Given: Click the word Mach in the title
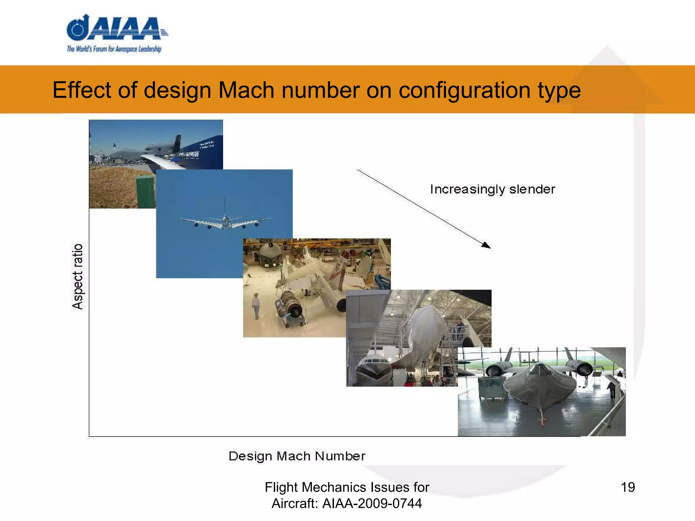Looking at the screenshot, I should (x=246, y=90).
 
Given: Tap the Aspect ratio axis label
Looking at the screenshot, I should (x=78, y=276).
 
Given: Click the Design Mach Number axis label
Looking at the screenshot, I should (x=297, y=456).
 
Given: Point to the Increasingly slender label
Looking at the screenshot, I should (x=492, y=189).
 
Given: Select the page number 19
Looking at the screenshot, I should (x=627, y=487).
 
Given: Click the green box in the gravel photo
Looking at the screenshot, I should (x=146, y=192).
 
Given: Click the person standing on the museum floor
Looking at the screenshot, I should (x=256, y=306).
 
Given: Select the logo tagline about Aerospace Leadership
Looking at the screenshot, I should (x=114, y=49).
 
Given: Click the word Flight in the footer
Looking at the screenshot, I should (x=281, y=487).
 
